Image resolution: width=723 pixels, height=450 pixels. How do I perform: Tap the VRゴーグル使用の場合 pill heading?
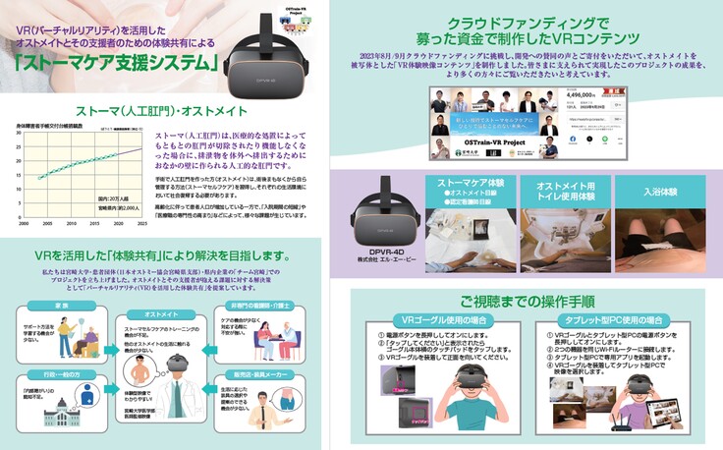(x=444, y=320)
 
